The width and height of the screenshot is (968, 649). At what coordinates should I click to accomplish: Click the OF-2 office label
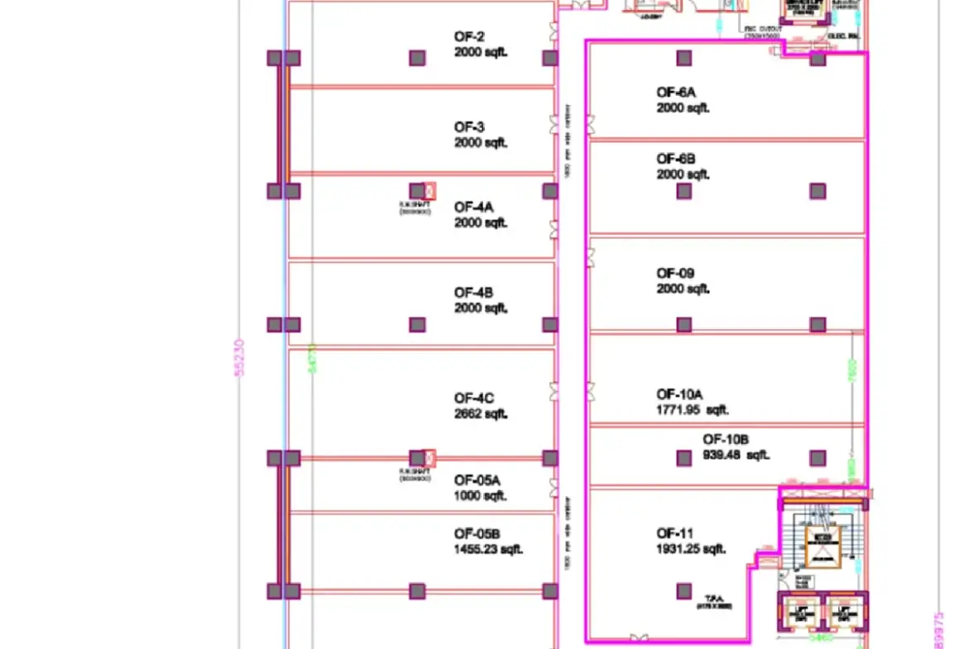pyautogui.click(x=469, y=36)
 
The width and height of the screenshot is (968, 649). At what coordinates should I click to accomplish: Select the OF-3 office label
pyautogui.click(x=469, y=127)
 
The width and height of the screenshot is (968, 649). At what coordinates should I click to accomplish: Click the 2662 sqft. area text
pyautogui.click(x=481, y=413)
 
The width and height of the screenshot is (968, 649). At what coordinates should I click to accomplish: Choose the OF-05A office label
pyautogui.click(x=477, y=480)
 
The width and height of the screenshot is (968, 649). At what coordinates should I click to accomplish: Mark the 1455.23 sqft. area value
pyautogui.click(x=489, y=549)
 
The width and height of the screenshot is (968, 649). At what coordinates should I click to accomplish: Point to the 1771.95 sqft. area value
pyautogui.click(x=693, y=410)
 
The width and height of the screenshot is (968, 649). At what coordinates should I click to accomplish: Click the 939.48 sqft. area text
pyautogui.click(x=736, y=455)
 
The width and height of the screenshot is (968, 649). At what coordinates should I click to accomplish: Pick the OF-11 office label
pyautogui.click(x=675, y=533)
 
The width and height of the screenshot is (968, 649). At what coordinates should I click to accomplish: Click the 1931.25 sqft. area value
pyautogui.click(x=692, y=549)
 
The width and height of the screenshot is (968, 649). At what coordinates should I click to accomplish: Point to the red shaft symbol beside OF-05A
pyautogui.click(x=429, y=457)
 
